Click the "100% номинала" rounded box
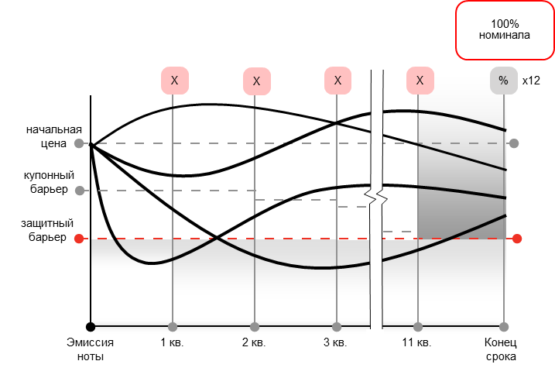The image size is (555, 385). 505,29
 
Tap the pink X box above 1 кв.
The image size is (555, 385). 174,81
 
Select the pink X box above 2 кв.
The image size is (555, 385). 257,81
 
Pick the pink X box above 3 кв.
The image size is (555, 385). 337,81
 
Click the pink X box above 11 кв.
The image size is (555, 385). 420,81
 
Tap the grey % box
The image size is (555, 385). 504,81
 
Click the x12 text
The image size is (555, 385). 531,81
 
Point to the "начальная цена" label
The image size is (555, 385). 54,136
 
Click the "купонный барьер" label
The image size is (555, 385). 49,182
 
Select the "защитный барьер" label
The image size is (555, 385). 47,230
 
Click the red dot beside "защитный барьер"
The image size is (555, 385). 79,239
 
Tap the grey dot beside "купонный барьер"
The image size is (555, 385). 80,191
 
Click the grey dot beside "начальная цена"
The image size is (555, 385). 79,143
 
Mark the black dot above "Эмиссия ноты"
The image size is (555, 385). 91,327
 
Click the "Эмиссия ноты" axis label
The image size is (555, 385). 91,349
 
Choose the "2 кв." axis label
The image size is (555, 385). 254,343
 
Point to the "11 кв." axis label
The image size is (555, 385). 416,343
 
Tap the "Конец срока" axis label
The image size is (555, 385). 501,349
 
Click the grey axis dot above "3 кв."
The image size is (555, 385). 337,327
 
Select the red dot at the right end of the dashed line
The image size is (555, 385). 517,239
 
